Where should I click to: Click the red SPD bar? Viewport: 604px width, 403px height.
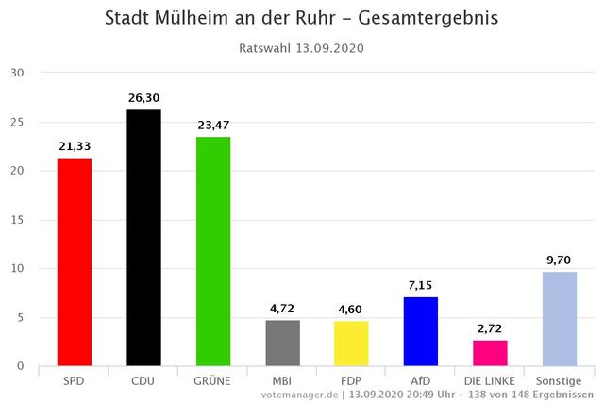(75, 261)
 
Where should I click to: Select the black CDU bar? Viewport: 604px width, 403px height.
(143, 238)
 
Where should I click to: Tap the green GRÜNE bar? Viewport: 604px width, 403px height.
(212, 251)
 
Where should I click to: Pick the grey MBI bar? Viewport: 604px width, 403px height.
(282, 343)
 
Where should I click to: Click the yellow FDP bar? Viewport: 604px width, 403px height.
(350, 344)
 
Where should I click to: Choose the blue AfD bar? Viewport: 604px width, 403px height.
(420, 331)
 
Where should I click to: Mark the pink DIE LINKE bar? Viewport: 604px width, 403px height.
(490, 353)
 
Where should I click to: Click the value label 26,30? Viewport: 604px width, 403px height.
(143, 97)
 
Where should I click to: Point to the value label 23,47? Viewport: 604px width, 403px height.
(212, 125)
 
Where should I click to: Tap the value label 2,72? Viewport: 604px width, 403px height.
(490, 327)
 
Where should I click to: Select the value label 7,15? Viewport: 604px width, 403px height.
(420, 284)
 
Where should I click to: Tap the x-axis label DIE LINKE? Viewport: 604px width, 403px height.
(490, 380)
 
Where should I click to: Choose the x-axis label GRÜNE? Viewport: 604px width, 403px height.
(212, 380)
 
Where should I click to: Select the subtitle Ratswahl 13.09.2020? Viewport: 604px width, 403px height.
(302, 48)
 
